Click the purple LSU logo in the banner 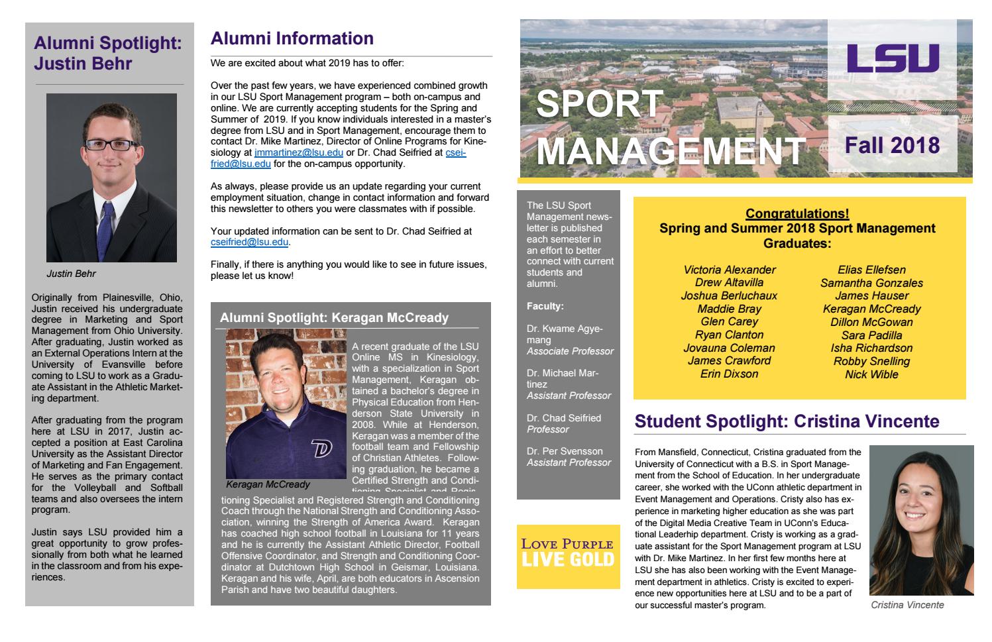point(893,58)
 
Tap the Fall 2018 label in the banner point(892,144)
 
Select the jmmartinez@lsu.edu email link point(298,153)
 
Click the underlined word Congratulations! point(797,213)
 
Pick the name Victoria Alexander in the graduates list point(729,270)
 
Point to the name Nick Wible point(871,374)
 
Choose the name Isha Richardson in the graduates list point(871,348)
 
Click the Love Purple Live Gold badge point(568,552)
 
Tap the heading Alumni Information point(292,38)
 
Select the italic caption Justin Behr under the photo point(71,273)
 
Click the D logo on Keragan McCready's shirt point(321,449)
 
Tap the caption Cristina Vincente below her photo point(907,605)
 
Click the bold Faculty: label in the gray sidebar point(545,306)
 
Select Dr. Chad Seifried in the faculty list point(563,418)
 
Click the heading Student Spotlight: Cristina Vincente point(787,421)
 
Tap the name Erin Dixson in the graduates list point(729,374)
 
